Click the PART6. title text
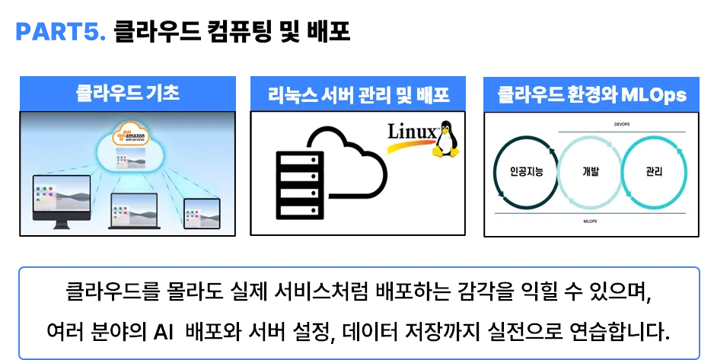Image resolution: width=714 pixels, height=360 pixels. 61,31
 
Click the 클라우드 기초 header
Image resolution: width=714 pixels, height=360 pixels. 127,94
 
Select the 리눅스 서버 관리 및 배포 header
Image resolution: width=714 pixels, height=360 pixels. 359,95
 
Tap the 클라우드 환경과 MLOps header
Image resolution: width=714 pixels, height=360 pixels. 591,95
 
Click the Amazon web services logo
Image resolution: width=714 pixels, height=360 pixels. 130,137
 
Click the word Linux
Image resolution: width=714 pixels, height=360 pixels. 412,132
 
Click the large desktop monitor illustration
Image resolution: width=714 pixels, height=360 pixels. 62,200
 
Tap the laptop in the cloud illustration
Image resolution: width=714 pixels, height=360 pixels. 134,211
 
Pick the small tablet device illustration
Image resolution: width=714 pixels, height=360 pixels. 200,212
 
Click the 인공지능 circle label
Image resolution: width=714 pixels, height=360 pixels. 526,172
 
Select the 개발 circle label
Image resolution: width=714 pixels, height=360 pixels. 590,172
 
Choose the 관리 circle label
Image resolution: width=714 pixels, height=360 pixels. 653,172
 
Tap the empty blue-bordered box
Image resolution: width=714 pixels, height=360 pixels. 357,311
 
